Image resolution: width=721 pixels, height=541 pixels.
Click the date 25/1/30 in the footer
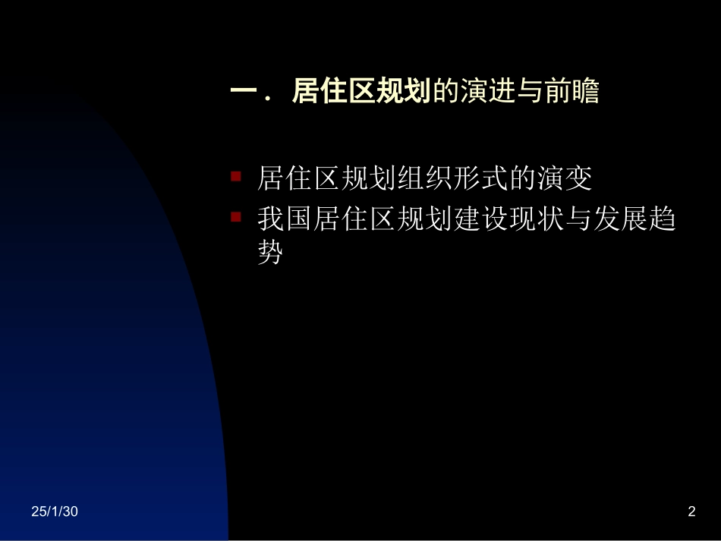pyautogui.click(x=55, y=512)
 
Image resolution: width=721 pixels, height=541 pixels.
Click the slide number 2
pyautogui.click(x=691, y=512)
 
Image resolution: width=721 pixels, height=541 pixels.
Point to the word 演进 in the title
pyautogui.click(x=487, y=93)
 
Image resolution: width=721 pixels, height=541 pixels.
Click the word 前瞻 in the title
pyautogui.click(x=571, y=93)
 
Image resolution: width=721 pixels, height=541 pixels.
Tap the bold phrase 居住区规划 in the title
pyautogui.click(x=360, y=93)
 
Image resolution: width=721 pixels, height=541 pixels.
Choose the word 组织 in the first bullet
pyautogui.click(x=425, y=179)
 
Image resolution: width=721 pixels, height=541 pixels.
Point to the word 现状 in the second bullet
pyautogui.click(x=535, y=220)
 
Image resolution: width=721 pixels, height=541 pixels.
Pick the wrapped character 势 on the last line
pyautogui.click(x=270, y=253)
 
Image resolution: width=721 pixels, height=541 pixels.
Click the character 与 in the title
pyautogui.click(x=530, y=93)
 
